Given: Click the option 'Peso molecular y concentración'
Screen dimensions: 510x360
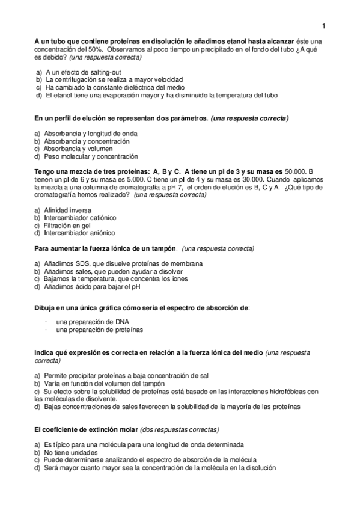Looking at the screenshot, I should pos(90,157).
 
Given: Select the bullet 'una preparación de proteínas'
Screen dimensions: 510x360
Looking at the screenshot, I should pos(99,330).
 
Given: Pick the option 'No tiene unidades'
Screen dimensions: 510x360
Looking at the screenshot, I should pos(73,452).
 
